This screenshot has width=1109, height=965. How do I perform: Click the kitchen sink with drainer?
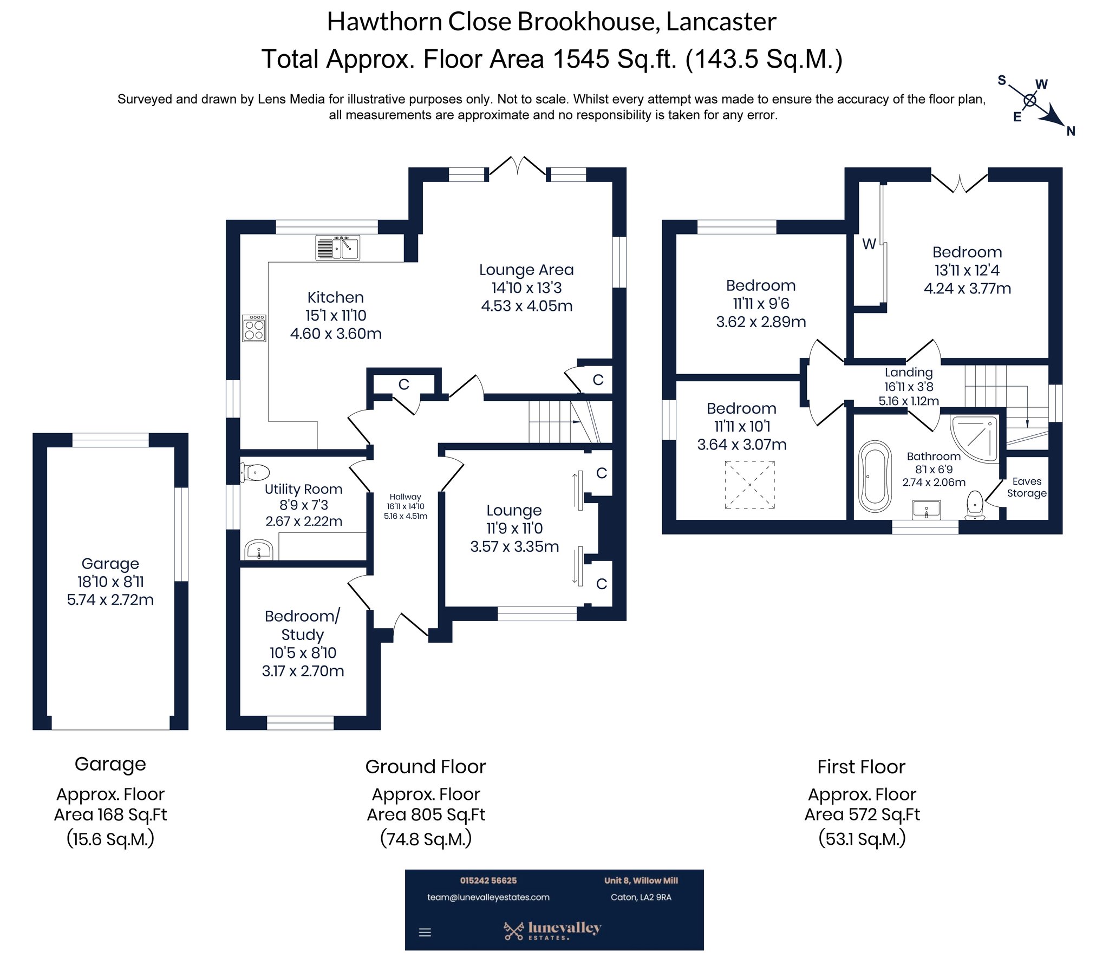coord(337,248)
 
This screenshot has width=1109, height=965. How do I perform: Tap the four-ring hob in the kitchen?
coord(254,328)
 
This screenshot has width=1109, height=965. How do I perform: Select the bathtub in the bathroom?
coord(875,477)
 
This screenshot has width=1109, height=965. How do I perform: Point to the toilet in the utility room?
coord(255,472)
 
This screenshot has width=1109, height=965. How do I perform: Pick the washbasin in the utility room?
coord(258,550)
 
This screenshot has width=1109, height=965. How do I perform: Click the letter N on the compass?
coord(1071,131)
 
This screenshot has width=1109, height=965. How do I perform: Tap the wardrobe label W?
coord(869,244)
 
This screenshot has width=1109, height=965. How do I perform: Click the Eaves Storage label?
coord(1026,487)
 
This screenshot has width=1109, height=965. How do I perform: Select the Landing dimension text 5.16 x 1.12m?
coord(908,401)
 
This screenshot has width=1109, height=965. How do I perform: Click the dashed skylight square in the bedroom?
coord(749,485)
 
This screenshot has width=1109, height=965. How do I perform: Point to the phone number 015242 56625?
coord(488,881)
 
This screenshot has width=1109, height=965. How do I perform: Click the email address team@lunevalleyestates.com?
coord(488,897)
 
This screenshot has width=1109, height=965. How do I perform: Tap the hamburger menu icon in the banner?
coord(425,933)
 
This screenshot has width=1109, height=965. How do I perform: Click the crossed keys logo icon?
coord(513,930)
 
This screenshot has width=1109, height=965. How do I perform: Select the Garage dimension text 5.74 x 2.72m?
coord(110,599)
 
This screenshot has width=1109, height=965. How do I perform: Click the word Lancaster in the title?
coord(721,22)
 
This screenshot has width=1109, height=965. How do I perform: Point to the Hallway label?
coord(405,497)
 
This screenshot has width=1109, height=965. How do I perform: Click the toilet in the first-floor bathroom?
coord(975,505)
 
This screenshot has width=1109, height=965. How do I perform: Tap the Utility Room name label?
coord(303,489)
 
